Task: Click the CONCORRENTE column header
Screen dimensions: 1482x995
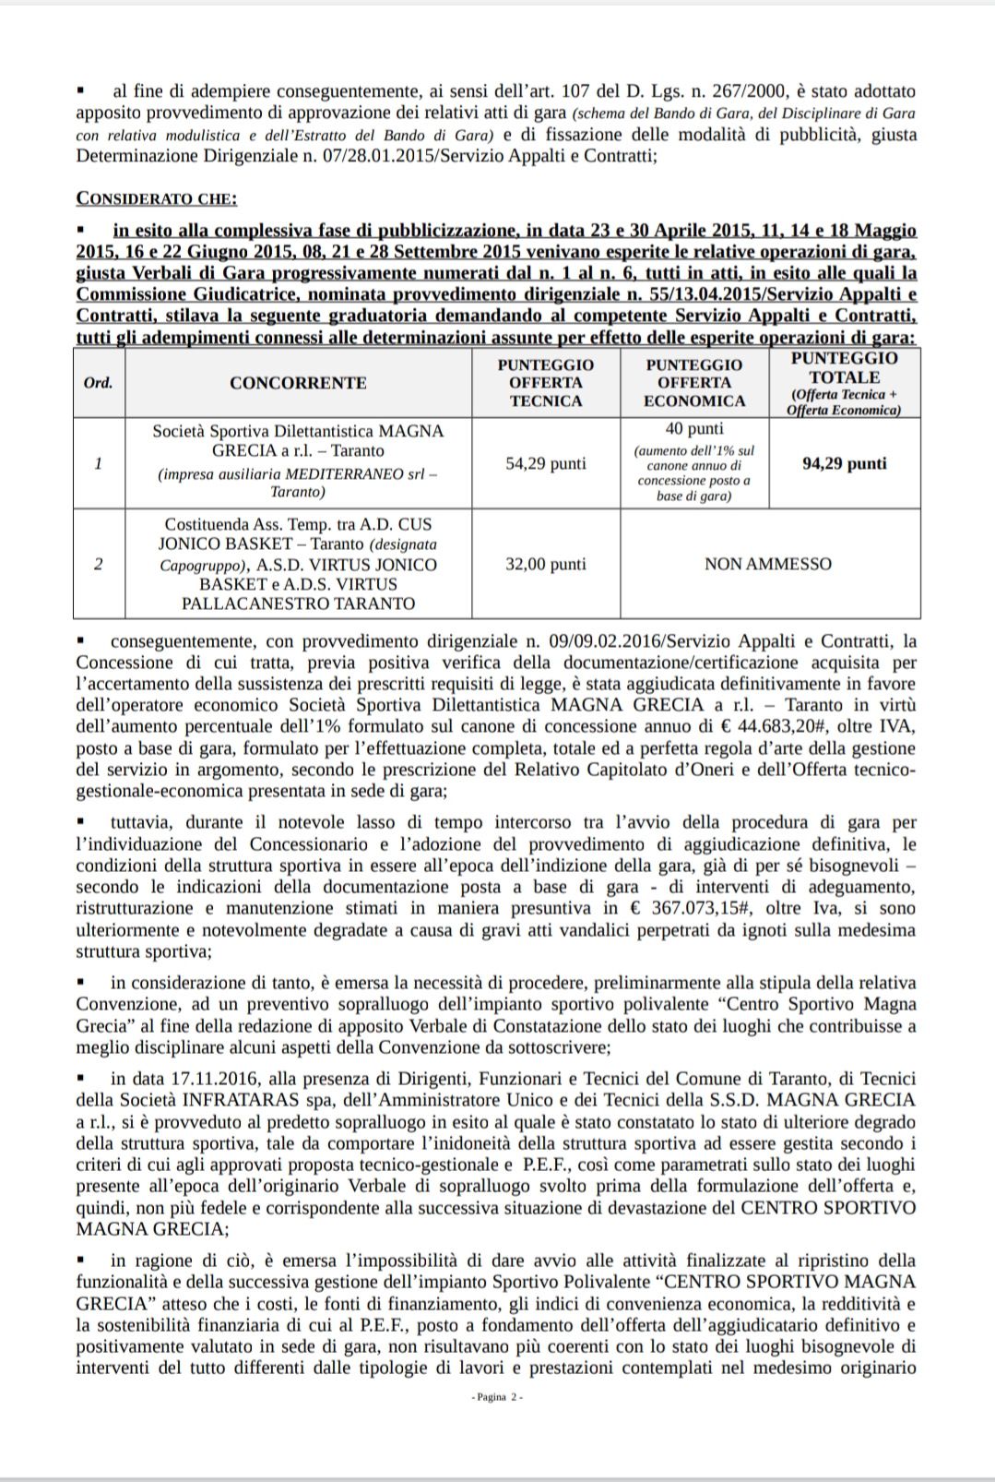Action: point(298,383)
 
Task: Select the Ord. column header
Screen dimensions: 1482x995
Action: point(98,383)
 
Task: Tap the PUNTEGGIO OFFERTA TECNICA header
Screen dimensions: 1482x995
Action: point(546,383)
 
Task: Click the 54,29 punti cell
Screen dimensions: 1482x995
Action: point(546,463)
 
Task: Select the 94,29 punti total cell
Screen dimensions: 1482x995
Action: point(844,463)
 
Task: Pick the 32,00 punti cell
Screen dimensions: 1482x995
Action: point(546,564)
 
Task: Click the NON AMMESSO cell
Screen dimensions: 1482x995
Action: point(767,564)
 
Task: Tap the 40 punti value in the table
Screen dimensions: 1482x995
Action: point(693,429)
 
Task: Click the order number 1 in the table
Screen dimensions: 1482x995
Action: point(98,463)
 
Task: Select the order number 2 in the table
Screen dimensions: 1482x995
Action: point(98,564)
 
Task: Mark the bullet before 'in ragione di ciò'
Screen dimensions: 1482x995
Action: point(82,1260)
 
